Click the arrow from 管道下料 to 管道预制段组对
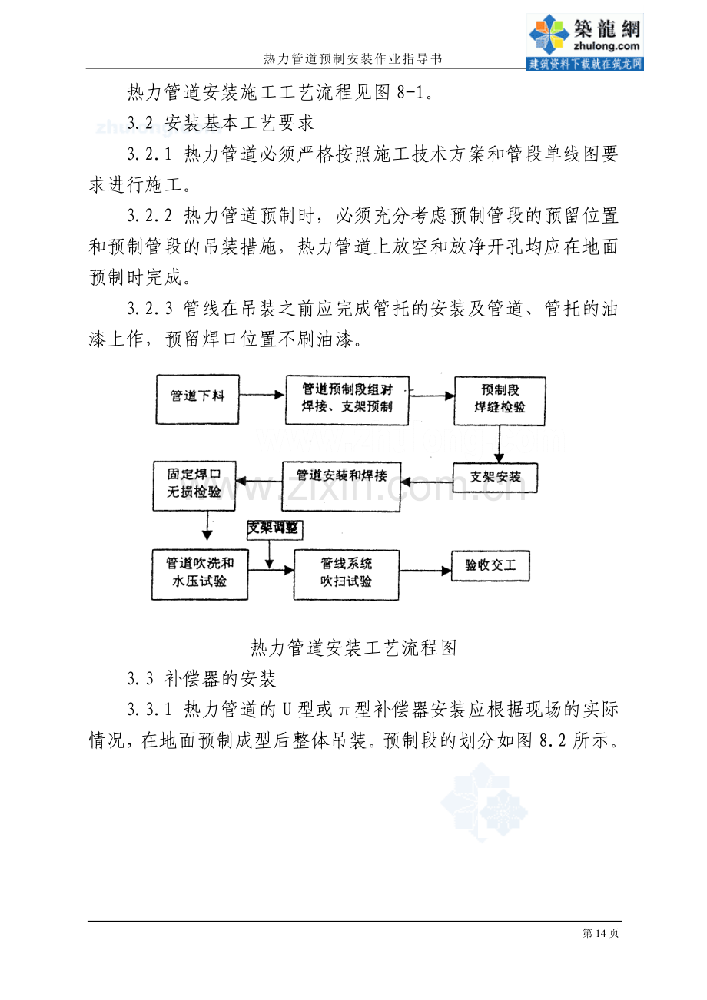tap(262, 395)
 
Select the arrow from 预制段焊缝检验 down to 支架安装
tap(500, 444)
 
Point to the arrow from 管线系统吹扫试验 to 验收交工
tap(425, 571)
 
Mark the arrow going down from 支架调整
tap(269, 555)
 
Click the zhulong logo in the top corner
tap(585, 41)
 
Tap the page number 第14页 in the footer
tap(601, 932)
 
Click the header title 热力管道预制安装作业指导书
tap(353, 59)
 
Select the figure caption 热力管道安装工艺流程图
tap(353, 647)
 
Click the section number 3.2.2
tap(150, 216)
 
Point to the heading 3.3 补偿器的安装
tap(202, 679)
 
